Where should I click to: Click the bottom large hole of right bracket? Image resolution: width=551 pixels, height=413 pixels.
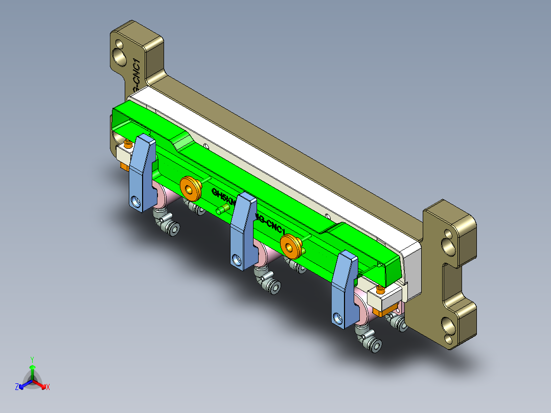(x=450, y=328)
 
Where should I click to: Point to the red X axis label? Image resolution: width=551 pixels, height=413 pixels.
(x=48, y=387)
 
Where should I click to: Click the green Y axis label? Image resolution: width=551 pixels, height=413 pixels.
(x=32, y=359)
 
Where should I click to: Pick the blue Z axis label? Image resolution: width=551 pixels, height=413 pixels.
(x=17, y=387)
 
